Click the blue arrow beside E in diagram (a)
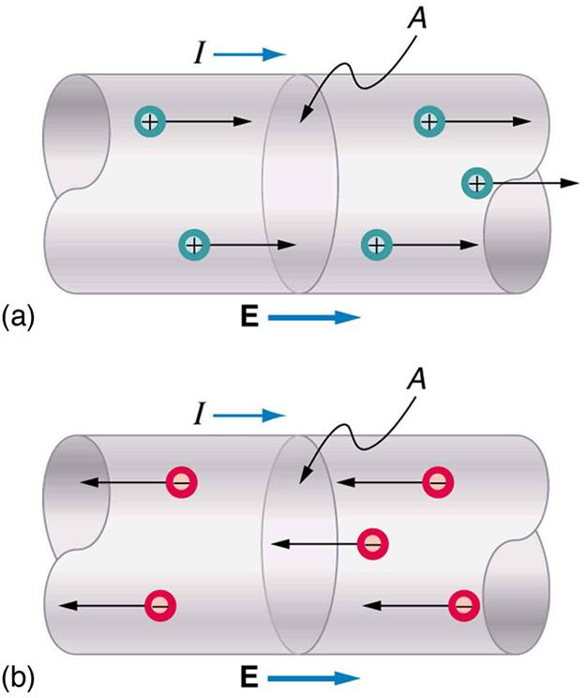pos(314,318)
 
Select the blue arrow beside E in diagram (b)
pos(314,677)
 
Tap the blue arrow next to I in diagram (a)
pos(249,55)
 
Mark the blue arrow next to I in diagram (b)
pos(249,415)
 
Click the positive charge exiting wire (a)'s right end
pos(477,183)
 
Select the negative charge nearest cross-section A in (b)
pos(372,543)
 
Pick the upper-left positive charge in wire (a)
pos(149,120)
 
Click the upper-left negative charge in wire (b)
pos(180,482)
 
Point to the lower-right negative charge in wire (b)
pos(463,604)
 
